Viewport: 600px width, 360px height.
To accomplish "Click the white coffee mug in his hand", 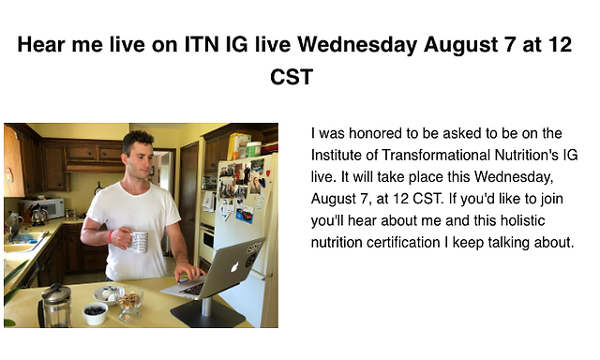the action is click(x=140, y=241).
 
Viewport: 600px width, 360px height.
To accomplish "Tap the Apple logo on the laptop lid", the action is click(x=235, y=266).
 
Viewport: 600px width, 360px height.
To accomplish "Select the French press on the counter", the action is click(x=56, y=306).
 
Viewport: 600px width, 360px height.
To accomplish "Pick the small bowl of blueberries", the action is click(x=95, y=313).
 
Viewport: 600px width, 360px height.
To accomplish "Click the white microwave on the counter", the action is click(x=42, y=208).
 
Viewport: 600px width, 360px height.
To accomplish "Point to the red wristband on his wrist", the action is click(x=111, y=237).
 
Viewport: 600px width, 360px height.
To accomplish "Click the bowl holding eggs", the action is click(x=106, y=295).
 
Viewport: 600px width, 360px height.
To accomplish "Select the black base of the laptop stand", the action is click(x=207, y=315).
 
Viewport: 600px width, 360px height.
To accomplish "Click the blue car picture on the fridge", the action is click(x=245, y=215).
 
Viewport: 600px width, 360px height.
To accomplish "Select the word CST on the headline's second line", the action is click(x=292, y=77).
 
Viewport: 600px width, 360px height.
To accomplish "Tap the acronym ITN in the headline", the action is click(x=202, y=44).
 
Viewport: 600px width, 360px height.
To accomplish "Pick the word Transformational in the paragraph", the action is click(x=436, y=155).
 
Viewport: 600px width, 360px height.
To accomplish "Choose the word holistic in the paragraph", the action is click(x=523, y=220).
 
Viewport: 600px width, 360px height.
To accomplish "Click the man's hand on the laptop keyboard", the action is click(x=188, y=272).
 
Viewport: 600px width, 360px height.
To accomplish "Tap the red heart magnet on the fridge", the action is click(x=268, y=173).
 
